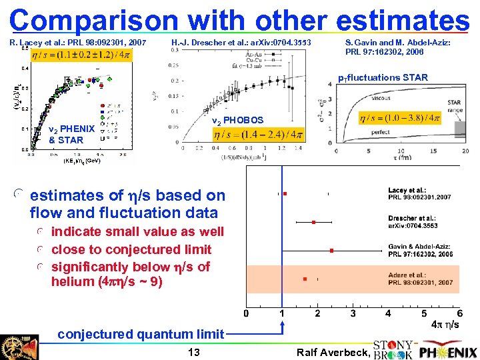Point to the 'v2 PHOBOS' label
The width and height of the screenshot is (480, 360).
237,121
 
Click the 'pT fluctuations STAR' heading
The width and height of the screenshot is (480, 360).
383,78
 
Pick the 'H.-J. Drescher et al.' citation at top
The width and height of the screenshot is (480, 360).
241,43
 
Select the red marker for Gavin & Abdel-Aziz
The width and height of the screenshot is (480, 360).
331,251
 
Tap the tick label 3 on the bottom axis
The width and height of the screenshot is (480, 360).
353,313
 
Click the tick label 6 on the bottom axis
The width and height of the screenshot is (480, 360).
459,313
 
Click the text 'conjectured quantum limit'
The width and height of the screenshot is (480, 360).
141,334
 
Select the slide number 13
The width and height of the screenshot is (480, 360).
194,351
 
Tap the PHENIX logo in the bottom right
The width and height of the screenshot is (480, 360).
448,351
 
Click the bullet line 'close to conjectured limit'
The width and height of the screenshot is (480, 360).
131,249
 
